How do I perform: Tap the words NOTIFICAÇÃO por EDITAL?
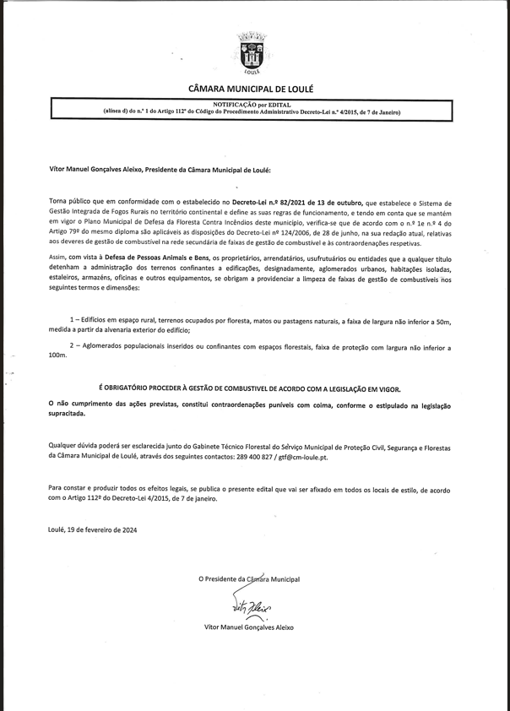[251, 105]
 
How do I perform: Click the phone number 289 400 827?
[258, 455]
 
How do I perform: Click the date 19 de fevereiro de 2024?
[100, 529]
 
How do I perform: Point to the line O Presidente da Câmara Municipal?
[249, 579]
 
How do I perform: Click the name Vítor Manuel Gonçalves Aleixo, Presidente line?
[160, 170]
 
